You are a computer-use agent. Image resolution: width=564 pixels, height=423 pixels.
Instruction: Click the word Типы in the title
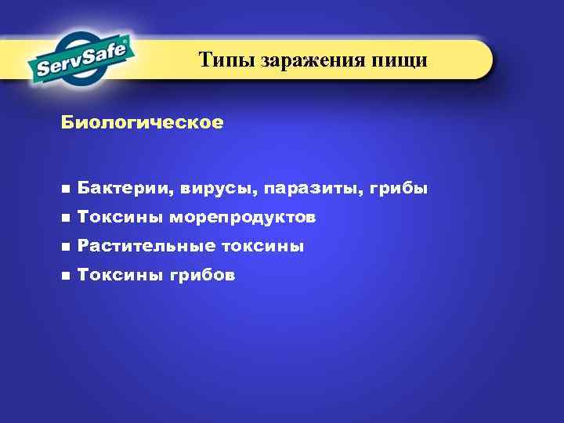tap(222, 60)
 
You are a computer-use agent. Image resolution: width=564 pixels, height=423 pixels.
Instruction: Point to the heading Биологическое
tap(142, 123)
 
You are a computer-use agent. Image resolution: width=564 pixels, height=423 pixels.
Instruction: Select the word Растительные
tap(146, 247)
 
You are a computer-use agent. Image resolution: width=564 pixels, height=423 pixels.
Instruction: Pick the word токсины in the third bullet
tap(262, 247)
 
